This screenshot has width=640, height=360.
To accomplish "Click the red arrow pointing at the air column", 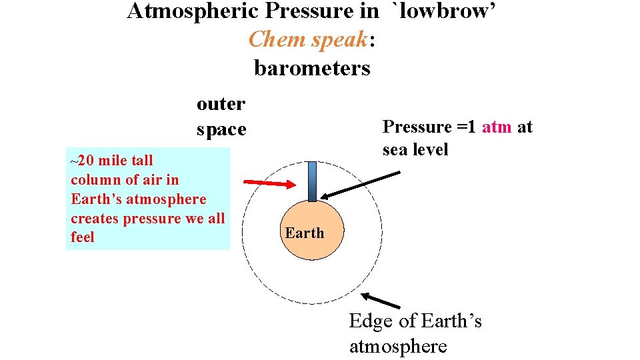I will pos(269,183).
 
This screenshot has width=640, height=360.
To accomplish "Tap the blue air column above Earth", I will pos(312,181).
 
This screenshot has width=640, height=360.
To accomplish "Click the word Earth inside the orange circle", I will pos(305,233).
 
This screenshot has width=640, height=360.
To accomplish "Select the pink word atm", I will pos(497,127).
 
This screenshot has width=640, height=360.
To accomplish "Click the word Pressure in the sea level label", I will pos(417,127).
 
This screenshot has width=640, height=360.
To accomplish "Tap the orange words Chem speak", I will pos(308,39).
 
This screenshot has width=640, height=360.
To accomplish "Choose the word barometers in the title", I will pos(312,68).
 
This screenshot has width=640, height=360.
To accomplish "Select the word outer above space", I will pos(221,104).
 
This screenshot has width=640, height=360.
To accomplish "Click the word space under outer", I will pos(221,129).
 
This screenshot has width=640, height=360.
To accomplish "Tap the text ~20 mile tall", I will pos(111,160).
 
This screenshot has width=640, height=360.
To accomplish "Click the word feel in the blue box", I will pos(83,237).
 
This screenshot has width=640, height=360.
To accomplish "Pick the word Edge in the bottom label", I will pos(371,321).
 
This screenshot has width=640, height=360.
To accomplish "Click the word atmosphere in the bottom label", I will pos(398,347).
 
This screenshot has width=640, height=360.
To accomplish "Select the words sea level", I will pos(415,149).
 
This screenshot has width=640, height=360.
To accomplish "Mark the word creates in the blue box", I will pos(96,218).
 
